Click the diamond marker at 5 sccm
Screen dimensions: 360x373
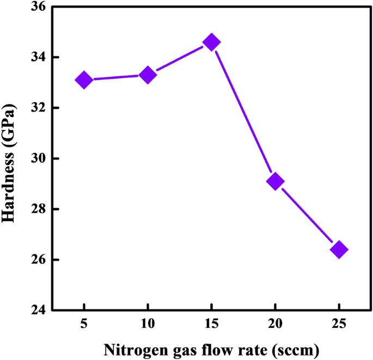click(x=84, y=80)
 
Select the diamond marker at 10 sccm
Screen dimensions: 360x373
click(x=148, y=75)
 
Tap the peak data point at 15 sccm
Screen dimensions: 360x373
click(x=211, y=42)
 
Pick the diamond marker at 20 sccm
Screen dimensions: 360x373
click(x=275, y=181)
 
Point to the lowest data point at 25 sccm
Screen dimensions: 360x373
click(x=339, y=249)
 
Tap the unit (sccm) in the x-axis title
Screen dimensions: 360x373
click(x=295, y=349)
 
